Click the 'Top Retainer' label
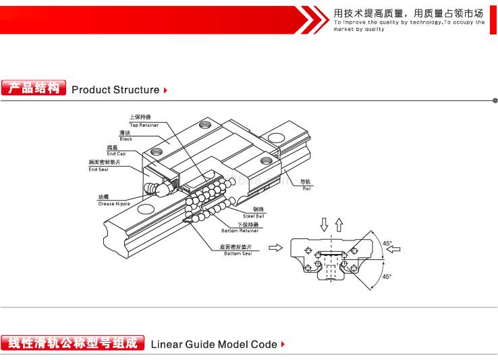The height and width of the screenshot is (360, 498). click(x=144, y=125)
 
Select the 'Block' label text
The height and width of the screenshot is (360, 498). click(x=126, y=138)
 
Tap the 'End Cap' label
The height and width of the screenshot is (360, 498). click(x=116, y=153)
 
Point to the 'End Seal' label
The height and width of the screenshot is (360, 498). click(x=99, y=169)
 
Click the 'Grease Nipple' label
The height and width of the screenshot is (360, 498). click(x=114, y=203)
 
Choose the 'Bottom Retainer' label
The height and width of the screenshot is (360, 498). click(x=240, y=230)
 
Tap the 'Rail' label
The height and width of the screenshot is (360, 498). click(x=306, y=188)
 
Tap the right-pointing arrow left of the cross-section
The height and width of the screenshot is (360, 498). click(x=275, y=248)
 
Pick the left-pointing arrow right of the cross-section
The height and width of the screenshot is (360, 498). click(x=393, y=249)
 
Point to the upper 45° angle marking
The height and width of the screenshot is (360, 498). click(x=387, y=242)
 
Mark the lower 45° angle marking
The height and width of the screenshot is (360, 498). click(x=387, y=276)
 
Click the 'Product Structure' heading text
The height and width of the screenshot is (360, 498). click(x=115, y=90)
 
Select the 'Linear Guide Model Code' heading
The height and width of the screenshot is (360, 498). click(x=213, y=344)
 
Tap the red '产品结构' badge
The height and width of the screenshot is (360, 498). click(x=34, y=88)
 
